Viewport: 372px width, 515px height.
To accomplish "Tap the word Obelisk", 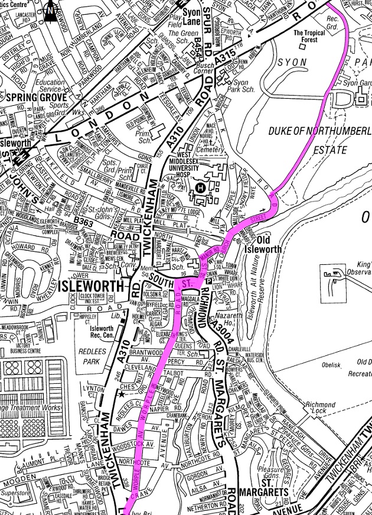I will point(331,365).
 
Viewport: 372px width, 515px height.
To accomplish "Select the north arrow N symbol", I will point(51,8).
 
